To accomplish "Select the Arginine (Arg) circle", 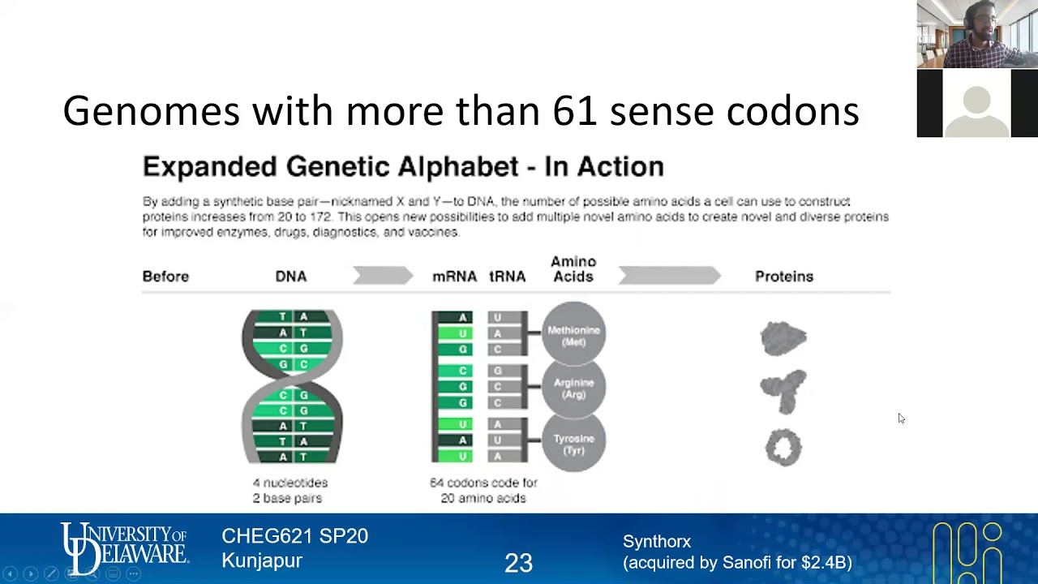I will coord(573,388).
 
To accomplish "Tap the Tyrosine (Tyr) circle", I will coord(573,443).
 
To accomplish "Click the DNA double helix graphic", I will coord(292,386).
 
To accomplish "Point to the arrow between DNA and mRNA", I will coord(383,276).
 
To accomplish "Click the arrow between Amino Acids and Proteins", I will coord(669,276).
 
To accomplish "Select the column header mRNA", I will coord(454,277).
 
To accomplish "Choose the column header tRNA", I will coord(507,277).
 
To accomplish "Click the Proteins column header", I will coord(783,277).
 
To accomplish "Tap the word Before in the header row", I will coord(165,277).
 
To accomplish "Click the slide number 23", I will coord(518,563).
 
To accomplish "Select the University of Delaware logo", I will coord(124,547).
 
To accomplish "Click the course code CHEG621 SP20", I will coord(294,536).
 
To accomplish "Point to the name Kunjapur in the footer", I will coord(261,560).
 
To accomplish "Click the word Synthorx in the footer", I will coord(657,541).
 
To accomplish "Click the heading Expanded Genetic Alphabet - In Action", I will coord(403,166).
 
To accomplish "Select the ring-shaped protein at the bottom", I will coord(783,447).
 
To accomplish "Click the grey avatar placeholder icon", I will coord(977,104).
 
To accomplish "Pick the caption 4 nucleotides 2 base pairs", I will coord(290,490).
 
